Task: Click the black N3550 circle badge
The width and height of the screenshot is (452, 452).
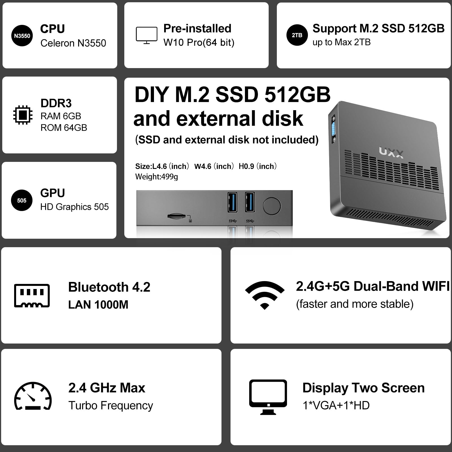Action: click(22, 36)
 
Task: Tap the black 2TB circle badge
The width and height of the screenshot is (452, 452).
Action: click(297, 35)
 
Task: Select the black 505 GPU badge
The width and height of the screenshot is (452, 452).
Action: click(22, 201)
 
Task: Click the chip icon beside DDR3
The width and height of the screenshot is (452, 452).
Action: click(23, 115)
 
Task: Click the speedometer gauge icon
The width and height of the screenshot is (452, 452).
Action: click(33, 396)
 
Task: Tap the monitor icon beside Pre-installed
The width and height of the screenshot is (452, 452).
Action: click(146, 35)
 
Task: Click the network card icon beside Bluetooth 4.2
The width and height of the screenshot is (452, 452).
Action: click(32, 295)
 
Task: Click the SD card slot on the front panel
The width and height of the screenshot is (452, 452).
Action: click(177, 216)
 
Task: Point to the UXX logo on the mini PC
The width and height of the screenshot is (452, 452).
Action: click(391, 153)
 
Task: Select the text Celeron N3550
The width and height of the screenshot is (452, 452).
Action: click(73, 43)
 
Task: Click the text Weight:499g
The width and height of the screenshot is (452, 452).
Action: click(157, 177)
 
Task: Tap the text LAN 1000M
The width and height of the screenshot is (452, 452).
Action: click(98, 305)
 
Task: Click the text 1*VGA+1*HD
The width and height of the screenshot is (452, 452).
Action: click(336, 405)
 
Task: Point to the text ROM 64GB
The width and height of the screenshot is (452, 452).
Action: click(64, 128)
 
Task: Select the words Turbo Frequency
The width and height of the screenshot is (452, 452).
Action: click(110, 405)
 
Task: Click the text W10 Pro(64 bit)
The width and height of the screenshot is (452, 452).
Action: click(199, 42)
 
